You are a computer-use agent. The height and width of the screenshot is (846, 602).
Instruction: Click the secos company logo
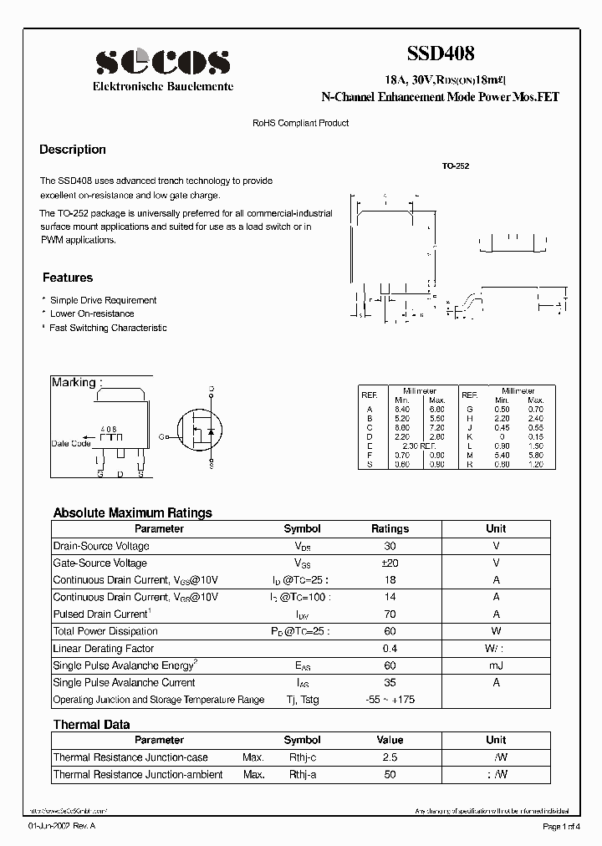[x=162, y=62]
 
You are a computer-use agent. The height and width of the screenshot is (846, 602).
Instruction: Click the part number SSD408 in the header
[x=441, y=54]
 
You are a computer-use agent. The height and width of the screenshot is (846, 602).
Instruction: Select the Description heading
[x=73, y=150]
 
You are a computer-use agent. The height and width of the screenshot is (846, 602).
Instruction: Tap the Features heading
[x=68, y=278]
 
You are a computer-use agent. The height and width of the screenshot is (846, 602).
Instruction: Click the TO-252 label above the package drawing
[x=456, y=166]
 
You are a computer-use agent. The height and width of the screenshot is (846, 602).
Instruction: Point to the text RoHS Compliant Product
[x=300, y=123]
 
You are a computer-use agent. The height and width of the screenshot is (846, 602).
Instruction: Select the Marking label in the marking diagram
[x=76, y=382]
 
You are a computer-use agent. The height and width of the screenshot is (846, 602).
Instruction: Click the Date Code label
[x=71, y=443]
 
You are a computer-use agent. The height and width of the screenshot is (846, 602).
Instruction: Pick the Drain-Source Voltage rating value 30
[x=390, y=546]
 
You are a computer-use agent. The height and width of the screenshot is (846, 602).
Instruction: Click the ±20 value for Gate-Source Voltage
[x=390, y=563]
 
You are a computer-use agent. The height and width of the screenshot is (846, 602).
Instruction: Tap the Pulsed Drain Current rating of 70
[x=390, y=614]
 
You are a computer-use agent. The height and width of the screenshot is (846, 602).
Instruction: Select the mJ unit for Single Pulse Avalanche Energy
[x=496, y=665]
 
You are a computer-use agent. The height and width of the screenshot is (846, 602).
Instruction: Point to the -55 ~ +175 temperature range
[x=390, y=700]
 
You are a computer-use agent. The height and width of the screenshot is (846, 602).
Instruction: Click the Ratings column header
[x=390, y=528]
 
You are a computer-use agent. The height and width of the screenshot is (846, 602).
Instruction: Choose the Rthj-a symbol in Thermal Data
[x=302, y=775]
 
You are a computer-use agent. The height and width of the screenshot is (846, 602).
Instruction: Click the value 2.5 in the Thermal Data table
[x=390, y=757]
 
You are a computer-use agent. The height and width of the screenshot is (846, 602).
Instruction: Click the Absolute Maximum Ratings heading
[x=133, y=512]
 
